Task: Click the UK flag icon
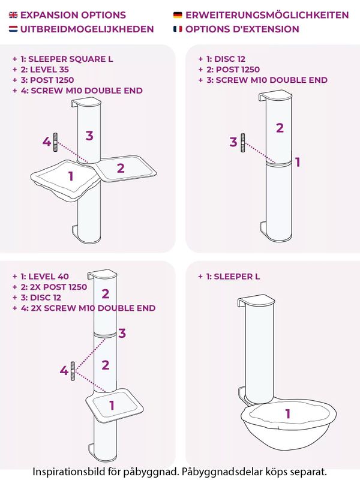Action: [x=13, y=15]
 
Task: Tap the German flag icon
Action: [x=178, y=15]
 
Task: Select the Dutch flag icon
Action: [x=13, y=29]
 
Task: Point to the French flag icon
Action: [x=178, y=29]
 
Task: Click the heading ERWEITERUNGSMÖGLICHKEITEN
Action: [x=267, y=15]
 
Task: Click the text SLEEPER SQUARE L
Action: [x=71, y=59]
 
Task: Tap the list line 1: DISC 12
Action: [x=222, y=59]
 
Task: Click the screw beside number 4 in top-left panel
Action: [x=55, y=142]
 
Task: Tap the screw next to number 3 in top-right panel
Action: [x=243, y=143]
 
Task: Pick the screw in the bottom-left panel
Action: [x=73, y=371]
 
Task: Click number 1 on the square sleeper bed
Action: [x=71, y=176]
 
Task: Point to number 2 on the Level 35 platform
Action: [x=121, y=168]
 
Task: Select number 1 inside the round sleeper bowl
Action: [x=288, y=413]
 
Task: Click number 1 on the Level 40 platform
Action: [x=112, y=406]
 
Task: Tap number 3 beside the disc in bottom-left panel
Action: [x=122, y=333]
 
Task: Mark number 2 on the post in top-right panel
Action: [x=280, y=128]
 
